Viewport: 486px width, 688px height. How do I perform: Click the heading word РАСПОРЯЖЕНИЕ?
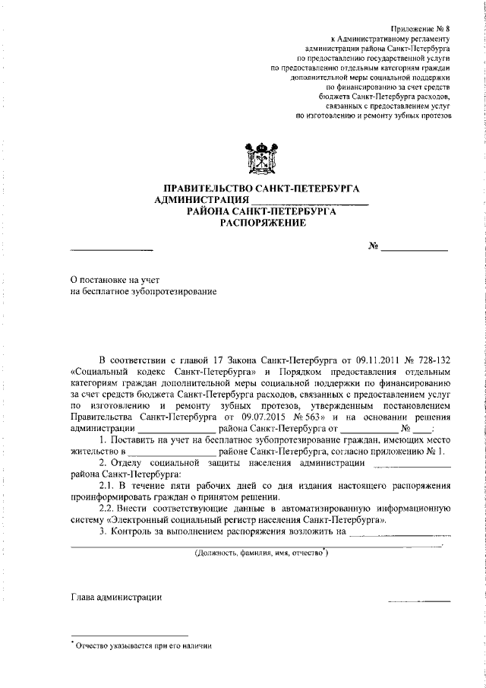pos(263,224)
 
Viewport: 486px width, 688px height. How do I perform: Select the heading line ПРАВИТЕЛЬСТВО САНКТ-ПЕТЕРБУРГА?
pos(263,188)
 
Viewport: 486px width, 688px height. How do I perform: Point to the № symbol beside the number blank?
pos(373,246)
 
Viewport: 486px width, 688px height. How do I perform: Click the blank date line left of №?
pos(112,249)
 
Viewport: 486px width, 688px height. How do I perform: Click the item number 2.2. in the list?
pos(111,508)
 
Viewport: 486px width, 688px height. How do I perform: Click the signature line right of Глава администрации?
pos(419,601)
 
